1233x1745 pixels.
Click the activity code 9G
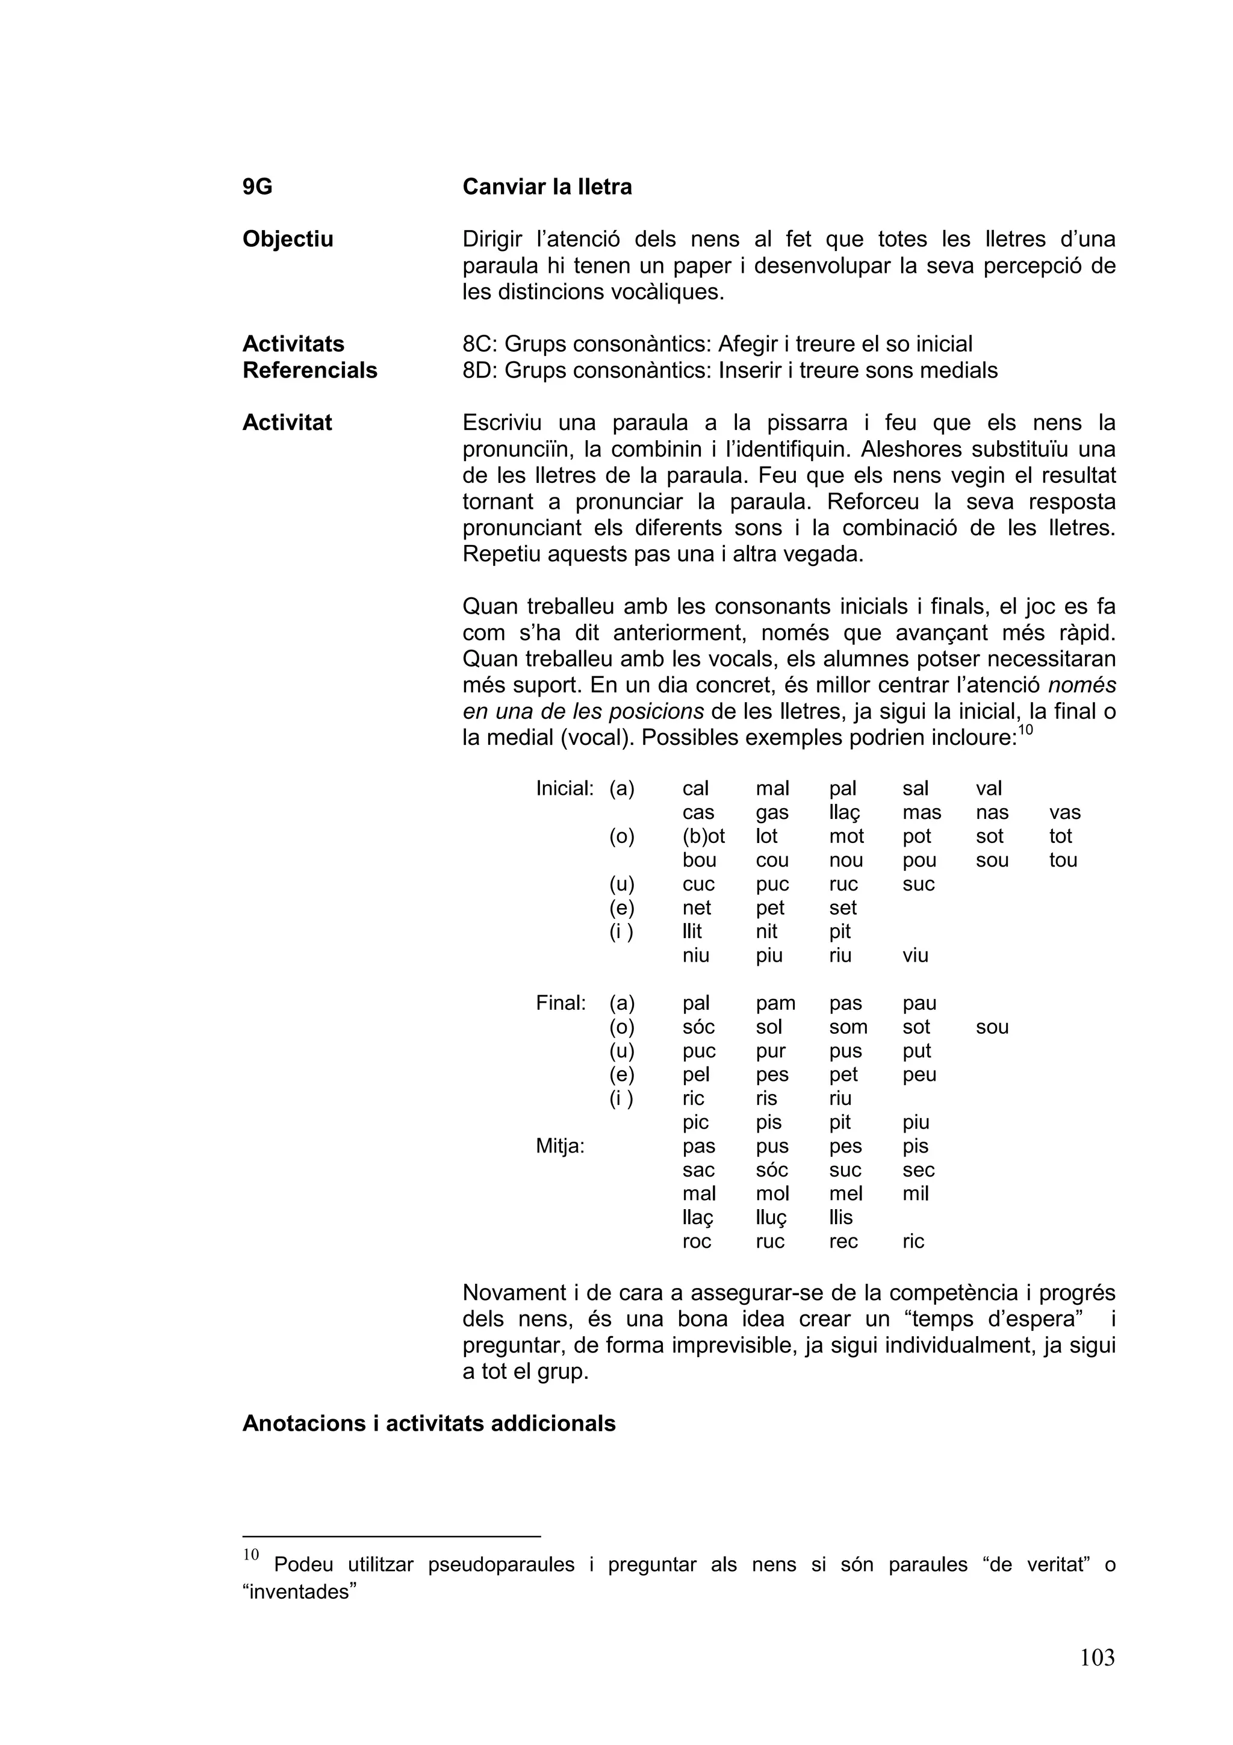click(x=257, y=187)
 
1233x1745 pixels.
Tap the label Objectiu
click(x=287, y=240)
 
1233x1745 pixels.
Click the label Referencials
click(x=309, y=370)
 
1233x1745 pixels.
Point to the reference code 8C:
click(x=479, y=344)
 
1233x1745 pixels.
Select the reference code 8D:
click(x=479, y=370)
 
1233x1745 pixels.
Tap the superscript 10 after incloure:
click(x=1026, y=730)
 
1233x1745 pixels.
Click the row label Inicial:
click(x=564, y=788)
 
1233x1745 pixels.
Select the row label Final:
click(x=561, y=1003)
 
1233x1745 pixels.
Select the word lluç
click(x=771, y=1218)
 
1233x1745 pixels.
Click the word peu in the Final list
click(x=919, y=1075)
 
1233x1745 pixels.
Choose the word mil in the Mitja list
click(x=916, y=1194)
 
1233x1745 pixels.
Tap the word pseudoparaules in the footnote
click(x=501, y=1565)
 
